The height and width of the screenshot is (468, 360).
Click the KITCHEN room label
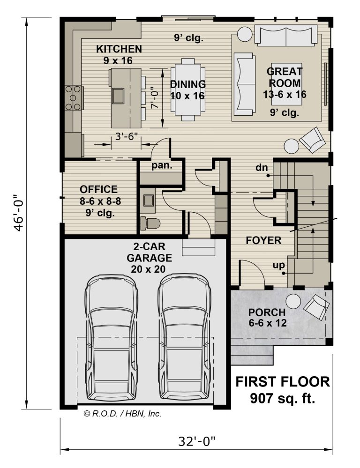[119, 49]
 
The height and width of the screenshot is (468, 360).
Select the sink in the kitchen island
[118, 96]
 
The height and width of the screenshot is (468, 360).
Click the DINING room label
[188, 84]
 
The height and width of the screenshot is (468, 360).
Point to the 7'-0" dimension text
[154, 97]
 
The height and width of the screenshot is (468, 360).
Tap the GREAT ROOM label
[285, 77]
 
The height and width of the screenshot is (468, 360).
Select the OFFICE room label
[99, 189]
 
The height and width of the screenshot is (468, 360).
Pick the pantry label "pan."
[162, 165]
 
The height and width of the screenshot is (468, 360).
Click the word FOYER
[263, 240]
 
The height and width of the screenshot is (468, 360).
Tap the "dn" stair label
[262, 167]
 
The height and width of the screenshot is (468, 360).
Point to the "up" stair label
[279, 265]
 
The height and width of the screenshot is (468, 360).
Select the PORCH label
[267, 312]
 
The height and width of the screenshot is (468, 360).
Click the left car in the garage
[112, 337]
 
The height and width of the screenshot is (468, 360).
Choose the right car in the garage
[184, 337]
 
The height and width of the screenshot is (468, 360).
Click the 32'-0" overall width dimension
[196, 441]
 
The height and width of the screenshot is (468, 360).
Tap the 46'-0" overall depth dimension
[19, 213]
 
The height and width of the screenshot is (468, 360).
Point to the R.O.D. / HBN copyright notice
[123, 414]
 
